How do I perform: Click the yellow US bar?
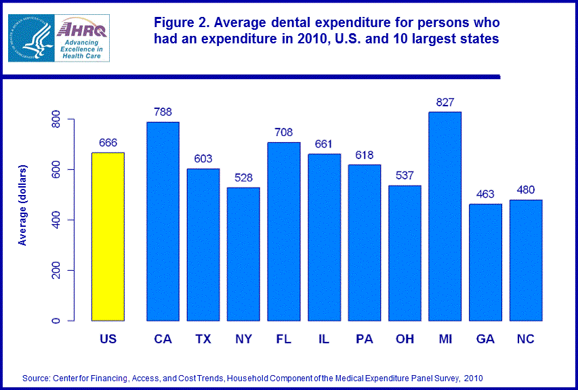108,237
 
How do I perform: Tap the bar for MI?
445,217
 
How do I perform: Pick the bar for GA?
485,263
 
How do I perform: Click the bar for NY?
243,254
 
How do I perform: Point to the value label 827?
445,102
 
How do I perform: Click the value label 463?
485,195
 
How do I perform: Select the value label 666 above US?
108,144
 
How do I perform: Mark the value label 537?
405,176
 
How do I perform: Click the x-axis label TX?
203,339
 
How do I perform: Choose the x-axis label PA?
364,339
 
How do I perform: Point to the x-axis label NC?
525,339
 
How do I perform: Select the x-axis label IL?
324,339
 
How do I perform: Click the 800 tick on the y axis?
56,120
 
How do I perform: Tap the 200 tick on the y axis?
56,270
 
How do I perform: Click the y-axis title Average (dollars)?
24,204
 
